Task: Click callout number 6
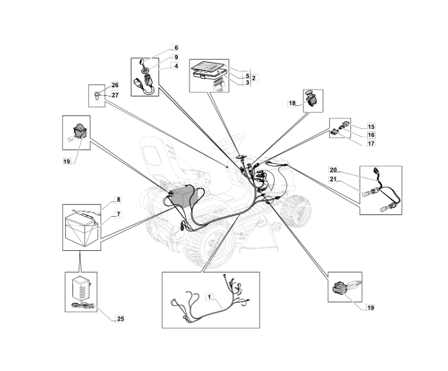pyautogui.click(x=176, y=47)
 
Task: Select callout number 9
pyautogui.click(x=176, y=57)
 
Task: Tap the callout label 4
pyautogui.click(x=176, y=66)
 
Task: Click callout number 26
pyautogui.click(x=115, y=86)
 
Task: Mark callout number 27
pyautogui.click(x=115, y=95)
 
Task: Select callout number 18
pyautogui.click(x=292, y=103)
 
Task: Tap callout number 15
pyautogui.click(x=371, y=126)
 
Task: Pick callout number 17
pyautogui.click(x=371, y=143)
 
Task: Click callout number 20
pyautogui.click(x=333, y=169)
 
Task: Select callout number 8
pyautogui.click(x=118, y=200)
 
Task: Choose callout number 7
pyautogui.click(x=118, y=215)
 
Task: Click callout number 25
pyautogui.click(x=120, y=318)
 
